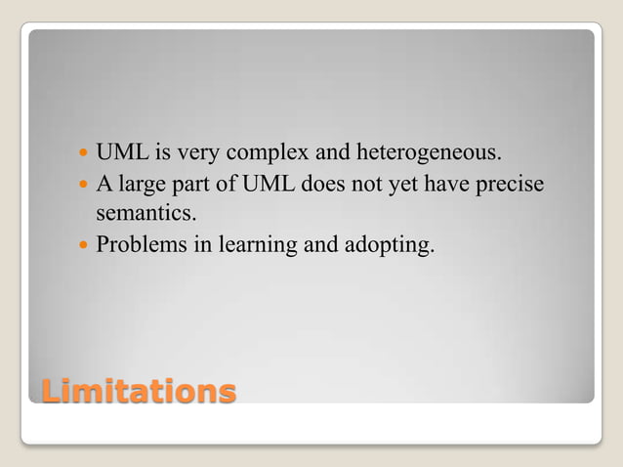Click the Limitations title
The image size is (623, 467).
[x=138, y=392]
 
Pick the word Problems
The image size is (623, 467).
[x=137, y=243]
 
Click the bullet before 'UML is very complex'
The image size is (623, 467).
[x=82, y=154]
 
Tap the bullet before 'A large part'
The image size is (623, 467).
[x=82, y=184]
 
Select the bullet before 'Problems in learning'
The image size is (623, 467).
[x=82, y=243]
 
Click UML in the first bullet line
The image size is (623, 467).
[x=120, y=154]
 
